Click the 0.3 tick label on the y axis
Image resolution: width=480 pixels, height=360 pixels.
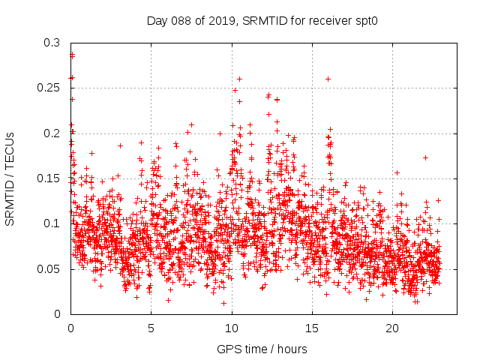[x=52, y=43]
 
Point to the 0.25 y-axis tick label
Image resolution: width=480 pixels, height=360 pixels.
[x=49, y=88]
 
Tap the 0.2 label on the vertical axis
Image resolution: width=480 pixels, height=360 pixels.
[x=52, y=133]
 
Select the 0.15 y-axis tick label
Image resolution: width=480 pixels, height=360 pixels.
[x=49, y=178]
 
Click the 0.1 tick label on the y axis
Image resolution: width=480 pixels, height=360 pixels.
[x=52, y=223]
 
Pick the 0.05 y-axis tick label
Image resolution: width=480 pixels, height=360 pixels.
[x=49, y=268]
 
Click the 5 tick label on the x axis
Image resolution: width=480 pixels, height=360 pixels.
[x=151, y=328]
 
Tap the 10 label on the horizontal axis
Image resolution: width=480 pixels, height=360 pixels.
[x=232, y=328]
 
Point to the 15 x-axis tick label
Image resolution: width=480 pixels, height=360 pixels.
[x=312, y=328]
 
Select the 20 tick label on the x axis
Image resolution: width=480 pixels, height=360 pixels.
[x=392, y=328]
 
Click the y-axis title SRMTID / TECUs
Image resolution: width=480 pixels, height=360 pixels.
[x=10, y=178]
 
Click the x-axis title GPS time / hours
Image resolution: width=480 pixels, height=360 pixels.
[x=262, y=349]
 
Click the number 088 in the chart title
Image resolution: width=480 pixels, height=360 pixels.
[x=178, y=20]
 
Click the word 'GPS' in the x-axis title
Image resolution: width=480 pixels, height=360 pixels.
[x=228, y=349]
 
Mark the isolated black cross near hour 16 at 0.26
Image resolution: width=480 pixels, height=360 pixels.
[x=328, y=79]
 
